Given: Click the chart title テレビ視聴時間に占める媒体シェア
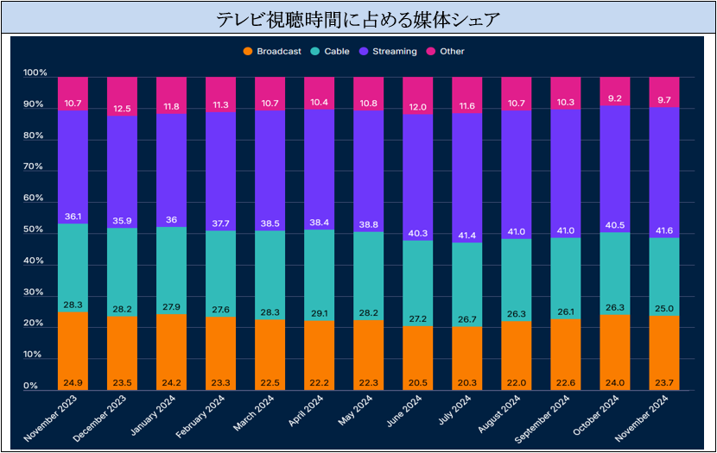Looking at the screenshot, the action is [358, 19].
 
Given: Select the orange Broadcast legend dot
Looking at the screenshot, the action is [248, 51].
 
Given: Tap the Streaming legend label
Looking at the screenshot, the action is [395, 51].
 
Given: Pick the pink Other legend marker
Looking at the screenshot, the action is [431, 51].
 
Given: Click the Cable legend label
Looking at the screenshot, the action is [337, 51].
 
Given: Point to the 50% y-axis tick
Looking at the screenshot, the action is [34, 230].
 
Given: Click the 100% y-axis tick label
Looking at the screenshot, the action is [35, 72].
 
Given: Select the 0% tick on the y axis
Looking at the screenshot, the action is [30, 386].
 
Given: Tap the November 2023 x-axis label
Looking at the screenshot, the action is [51, 418].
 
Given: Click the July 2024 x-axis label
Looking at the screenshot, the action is [454, 410].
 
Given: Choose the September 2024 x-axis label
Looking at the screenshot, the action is [542, 418].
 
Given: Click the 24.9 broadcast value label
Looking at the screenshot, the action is [73, 382].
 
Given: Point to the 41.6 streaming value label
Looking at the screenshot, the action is [664, 230].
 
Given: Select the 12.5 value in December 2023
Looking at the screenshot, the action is [122, 109].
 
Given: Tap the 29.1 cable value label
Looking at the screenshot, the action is [319, 314].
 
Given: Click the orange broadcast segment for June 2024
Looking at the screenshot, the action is [417, 358].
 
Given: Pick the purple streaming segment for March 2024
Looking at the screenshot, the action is [270, 171].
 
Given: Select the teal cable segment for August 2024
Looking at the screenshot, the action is [517, 280].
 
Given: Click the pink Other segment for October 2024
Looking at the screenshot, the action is [614, 91].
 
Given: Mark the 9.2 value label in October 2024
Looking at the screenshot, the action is [614, 98].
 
